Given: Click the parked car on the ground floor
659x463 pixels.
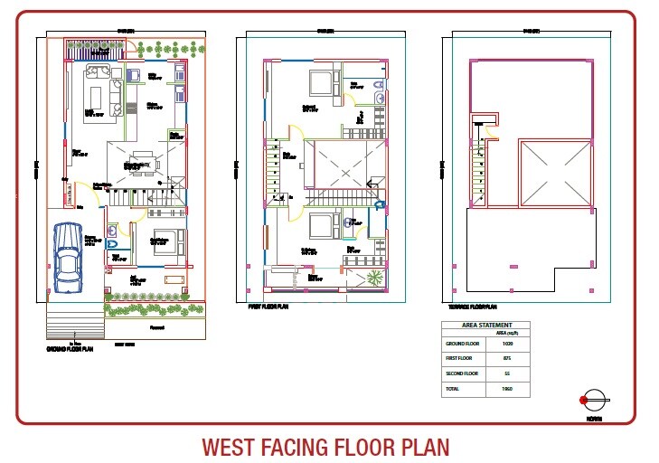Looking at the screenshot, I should (68, 257).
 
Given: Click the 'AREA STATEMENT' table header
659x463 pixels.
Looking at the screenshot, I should (486, 325).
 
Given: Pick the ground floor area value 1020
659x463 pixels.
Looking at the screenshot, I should (506, 345).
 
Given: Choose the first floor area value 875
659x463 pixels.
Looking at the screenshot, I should (506, 359).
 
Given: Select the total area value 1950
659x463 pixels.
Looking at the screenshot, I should (506, 388).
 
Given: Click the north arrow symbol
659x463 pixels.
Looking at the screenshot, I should (594, 399).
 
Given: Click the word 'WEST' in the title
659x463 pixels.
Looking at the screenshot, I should (231, 447).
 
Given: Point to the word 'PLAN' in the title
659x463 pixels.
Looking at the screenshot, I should (420, 447).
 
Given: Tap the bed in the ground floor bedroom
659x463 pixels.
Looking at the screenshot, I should (164, 243).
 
